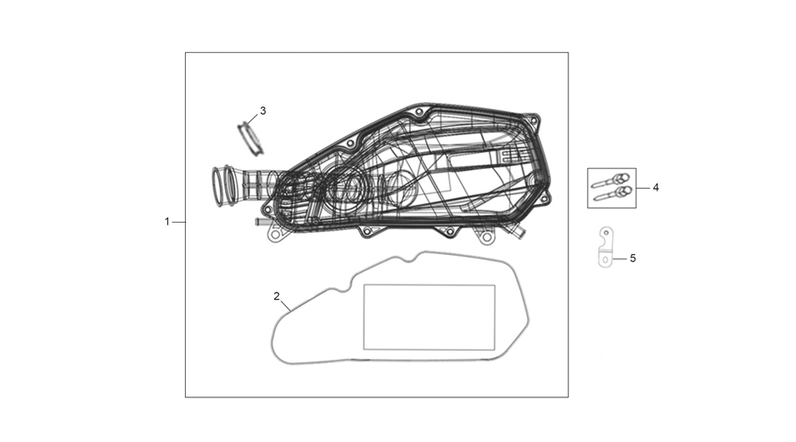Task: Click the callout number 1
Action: pos(167,222)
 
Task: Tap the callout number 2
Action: pos(277,296)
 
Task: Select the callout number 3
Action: pos(263,110)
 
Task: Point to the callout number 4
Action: pos(656,188)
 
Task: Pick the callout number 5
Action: pos(633,259)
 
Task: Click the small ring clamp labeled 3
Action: pos(251,138)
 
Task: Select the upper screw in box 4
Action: pos(611,181)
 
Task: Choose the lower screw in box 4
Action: pos(611,194)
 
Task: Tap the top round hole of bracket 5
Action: pos(606,233)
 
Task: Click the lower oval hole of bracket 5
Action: pos(605,259)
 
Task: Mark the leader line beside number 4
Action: pos(642,188)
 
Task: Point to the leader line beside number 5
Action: pos(619,259)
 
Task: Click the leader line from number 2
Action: pos(285,306)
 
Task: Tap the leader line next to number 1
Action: pos(179,222)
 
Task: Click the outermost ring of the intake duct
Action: pos(217,187)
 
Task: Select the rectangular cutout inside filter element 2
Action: pos(430,318)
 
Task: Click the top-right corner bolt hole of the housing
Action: pos(532,120)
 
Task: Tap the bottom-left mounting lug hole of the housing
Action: pos(275,235)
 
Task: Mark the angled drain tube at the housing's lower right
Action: pos(519,234)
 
